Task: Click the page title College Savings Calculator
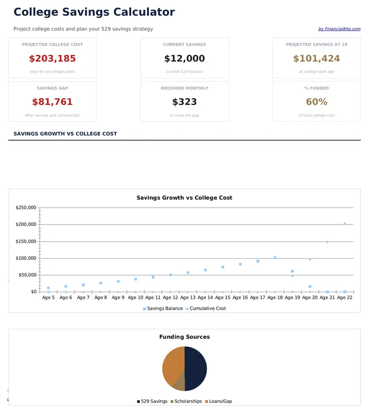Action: (94, 12)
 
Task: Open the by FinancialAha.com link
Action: (339, 29)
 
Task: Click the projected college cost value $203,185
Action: (52, 59)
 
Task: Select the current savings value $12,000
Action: (184, 59)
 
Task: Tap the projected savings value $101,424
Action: (316, 59)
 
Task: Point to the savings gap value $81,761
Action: (52, 102)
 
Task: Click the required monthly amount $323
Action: (184, 102)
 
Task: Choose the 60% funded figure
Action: (316, 102)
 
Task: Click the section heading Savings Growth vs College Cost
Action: (65, 134)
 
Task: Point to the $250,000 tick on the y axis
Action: (26, 208)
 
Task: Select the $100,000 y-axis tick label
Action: (26, 258)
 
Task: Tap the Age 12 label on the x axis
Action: (170, 298)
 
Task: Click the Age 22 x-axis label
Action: (345, 298)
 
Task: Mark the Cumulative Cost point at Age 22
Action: (345, 224)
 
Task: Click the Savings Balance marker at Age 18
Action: (275, 258)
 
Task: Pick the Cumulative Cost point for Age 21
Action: (327, 242)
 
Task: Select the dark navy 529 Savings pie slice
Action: (196, 369)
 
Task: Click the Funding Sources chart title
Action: (184, 337)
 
